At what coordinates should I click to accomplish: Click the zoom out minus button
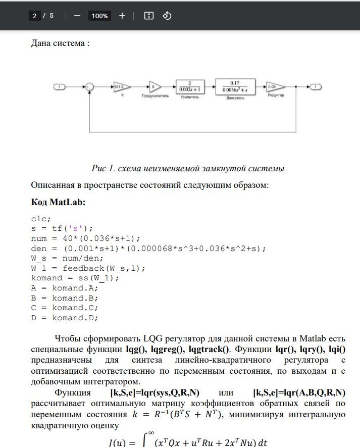click(x=77, y=16)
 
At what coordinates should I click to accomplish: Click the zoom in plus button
click(x=122, y=16)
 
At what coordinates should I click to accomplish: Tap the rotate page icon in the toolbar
click(x=167, y=16)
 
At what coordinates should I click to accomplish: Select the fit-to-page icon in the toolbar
click(x=148, y=16)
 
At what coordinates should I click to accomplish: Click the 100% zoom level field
click(x=99, y=16)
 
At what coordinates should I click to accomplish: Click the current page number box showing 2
click(x=34, y=16)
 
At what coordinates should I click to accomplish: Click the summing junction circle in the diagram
click(x=89, y=87)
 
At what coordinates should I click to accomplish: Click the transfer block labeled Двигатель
click(x=234, y=87)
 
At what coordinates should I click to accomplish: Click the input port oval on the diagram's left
click(x=60, y=87)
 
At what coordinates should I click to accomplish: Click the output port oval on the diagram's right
click(x=315, y=87)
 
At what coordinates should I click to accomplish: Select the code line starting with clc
click(x=41, y=219)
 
